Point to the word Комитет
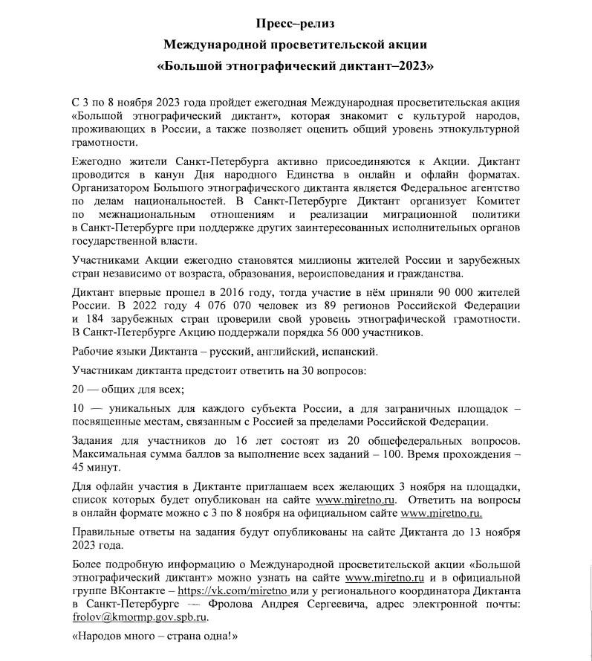(x=496, y=201)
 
